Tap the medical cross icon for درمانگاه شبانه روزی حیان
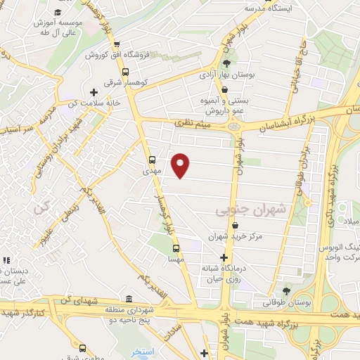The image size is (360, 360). (224, 257)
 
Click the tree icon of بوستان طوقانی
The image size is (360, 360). (286, 290)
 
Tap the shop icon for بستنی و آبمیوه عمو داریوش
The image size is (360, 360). (224, 90)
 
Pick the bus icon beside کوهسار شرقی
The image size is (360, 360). (125, 71)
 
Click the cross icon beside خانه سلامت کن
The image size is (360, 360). (94, 92)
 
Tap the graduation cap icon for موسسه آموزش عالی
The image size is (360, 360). (56, 13)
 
